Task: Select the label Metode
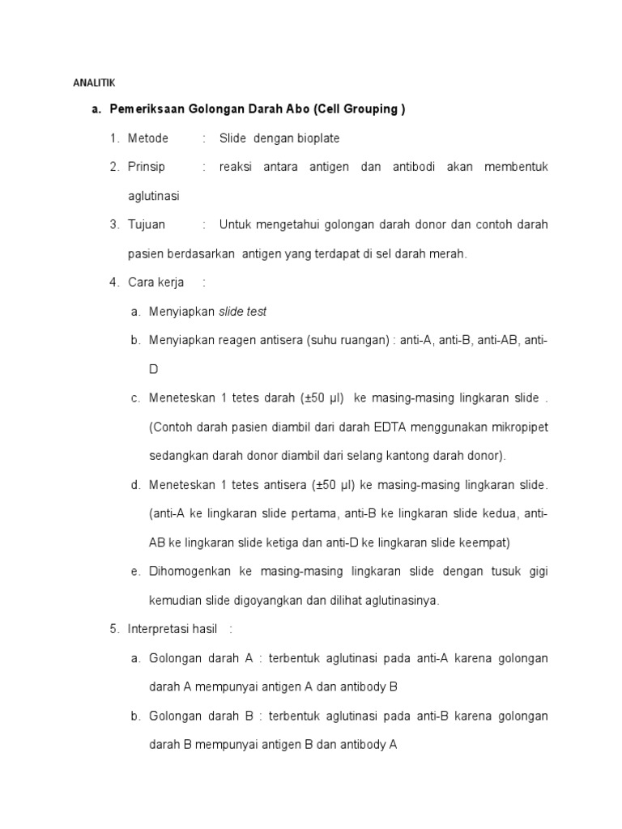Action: [x=148, y=138]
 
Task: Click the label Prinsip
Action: [x=147, y=167]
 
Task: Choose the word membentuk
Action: [x=516, y=167]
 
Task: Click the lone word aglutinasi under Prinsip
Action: [x=154, y=196]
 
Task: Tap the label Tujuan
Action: [x=147, y=224]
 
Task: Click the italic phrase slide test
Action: [x=243, y=312]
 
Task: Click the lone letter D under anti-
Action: [x=154, y=369]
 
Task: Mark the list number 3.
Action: [x=115, y=224]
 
